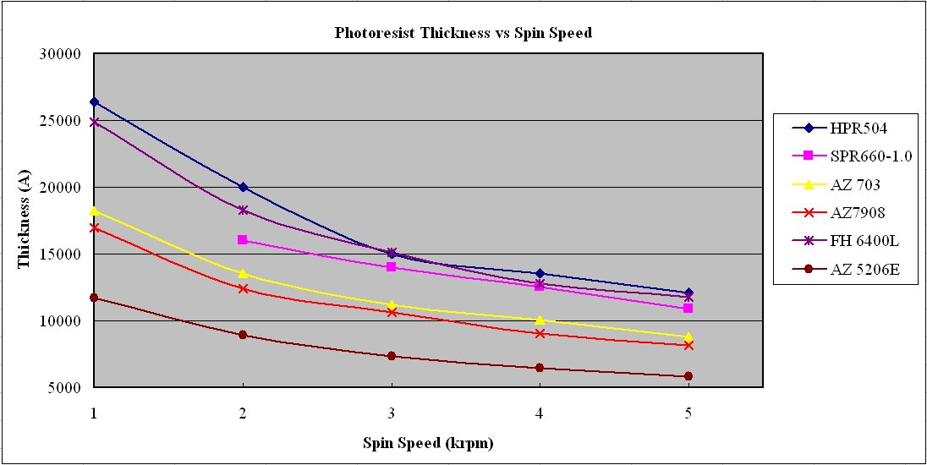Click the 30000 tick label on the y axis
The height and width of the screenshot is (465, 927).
click(x=60, y=54)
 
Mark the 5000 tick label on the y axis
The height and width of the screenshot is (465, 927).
click(x=63, y=388)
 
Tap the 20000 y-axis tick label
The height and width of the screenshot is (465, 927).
click(x=60, y=188)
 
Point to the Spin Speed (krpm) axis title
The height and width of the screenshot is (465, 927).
click(x=427, y=442)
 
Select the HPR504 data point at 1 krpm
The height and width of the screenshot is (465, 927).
click(x=94, y=101)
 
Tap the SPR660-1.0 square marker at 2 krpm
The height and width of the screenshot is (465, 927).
click(x=243, y=240)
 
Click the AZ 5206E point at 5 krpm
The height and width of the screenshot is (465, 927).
click(x=688, y=376)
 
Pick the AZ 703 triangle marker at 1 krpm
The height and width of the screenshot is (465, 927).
click(x=94, y=211)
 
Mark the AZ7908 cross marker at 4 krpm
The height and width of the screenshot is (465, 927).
click(x=540, y=333)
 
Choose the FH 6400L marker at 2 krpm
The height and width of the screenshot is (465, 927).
click(x=243, y=210)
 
